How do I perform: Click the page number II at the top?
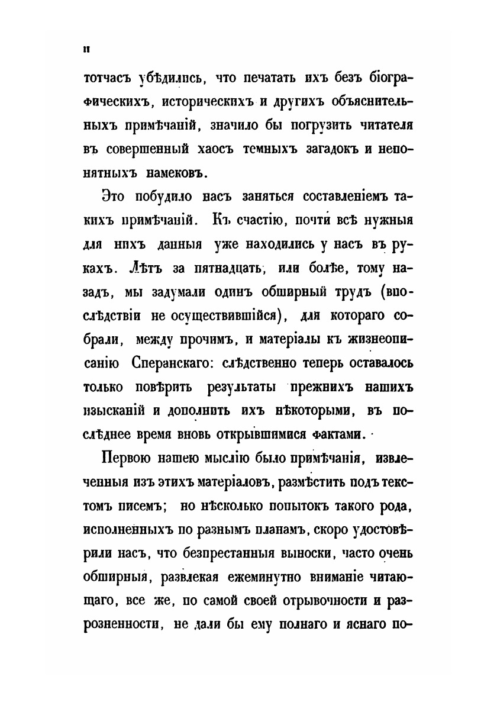tap(86, 49)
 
